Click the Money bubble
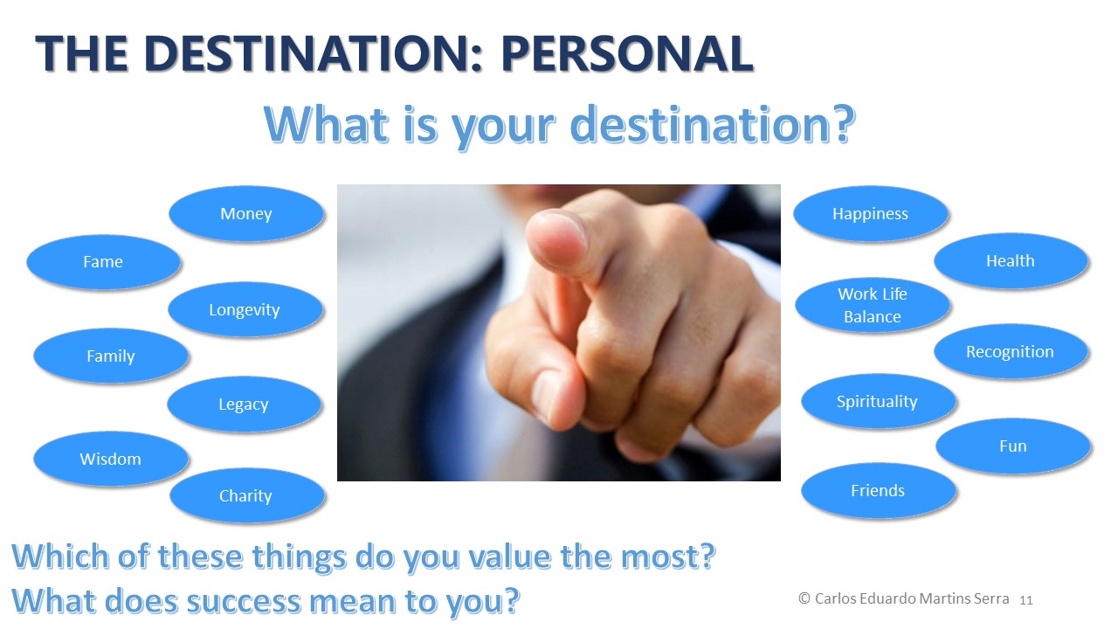coord(246,214)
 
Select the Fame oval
coord(103,261)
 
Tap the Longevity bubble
coord(245,309)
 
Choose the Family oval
coord(111,356)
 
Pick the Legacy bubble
coord(244,404)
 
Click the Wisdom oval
coord(111,459)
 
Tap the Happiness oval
coord(871,214)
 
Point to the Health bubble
coord(1011,260)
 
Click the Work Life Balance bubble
coord(873,305)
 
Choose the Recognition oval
coord(1011,351)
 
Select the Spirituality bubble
coord(879,401)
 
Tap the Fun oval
coord(1013,446)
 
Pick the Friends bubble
coord(879,491)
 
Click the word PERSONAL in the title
coord(627,53)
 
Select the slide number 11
coord(1026,600)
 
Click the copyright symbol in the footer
coord(804,598)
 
